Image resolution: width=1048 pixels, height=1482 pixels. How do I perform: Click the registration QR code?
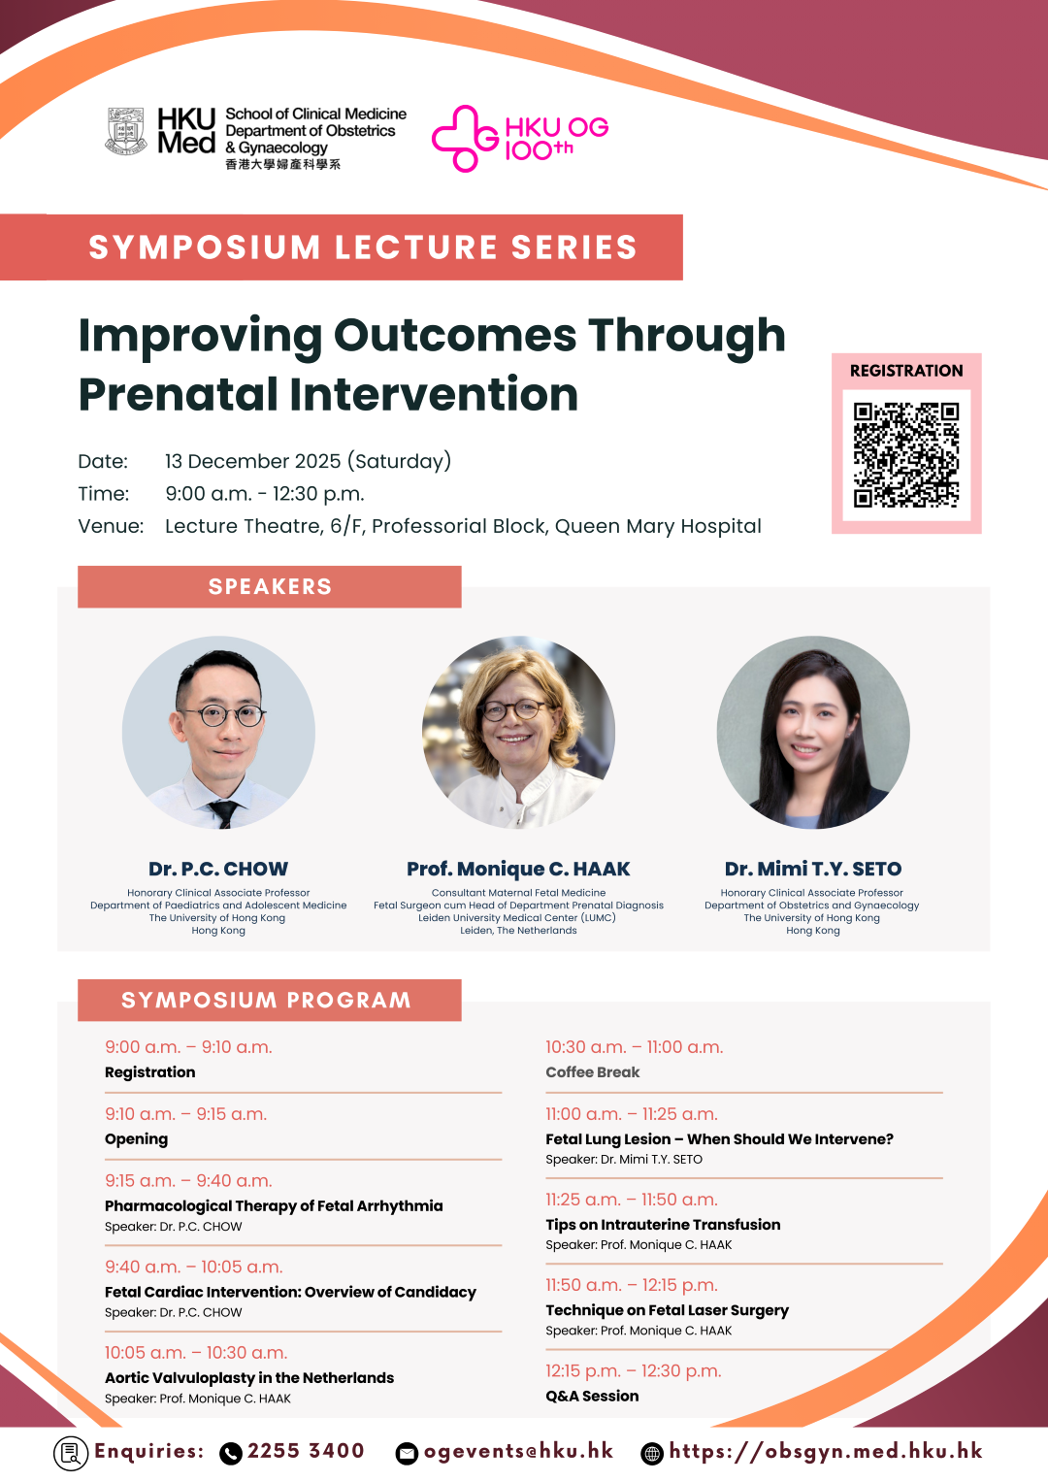coord(906,454)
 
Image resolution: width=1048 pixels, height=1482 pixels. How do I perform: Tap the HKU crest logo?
coord(125,131)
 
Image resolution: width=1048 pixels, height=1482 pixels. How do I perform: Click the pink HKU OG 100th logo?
coord(520,139)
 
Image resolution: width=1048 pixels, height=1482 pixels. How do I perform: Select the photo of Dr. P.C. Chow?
coord(218,732)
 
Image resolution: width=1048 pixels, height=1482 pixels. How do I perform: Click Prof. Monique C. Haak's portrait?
coord(518,732)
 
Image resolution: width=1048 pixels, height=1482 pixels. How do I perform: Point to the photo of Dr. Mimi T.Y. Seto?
coord(813,732)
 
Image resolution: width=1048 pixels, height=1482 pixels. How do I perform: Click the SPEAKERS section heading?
coord(270,587)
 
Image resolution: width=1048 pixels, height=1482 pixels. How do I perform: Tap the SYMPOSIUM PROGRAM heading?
coord(267,1001)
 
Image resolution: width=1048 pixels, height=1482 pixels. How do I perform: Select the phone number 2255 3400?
coord(306,1451)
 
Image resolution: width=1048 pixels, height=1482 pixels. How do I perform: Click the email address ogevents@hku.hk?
coord(518,1451)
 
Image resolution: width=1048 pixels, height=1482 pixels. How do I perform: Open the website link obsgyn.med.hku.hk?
coord(825,1451)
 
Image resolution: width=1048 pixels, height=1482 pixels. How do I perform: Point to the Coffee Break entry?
coord(592,1072)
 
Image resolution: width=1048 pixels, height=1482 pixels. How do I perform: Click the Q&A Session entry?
coord(592,1397)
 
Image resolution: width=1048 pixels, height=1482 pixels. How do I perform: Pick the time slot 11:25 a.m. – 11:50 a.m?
coord(631,1200)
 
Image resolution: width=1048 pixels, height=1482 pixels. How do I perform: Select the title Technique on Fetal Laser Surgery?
coord(667,1310)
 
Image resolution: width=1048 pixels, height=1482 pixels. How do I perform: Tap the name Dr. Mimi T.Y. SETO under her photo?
coord(813,869)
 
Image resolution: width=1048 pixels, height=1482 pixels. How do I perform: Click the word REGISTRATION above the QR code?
coord(906,371)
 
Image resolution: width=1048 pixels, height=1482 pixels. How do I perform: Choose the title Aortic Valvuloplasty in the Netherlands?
coord(249,1378)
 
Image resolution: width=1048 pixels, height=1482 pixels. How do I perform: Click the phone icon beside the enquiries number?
coord(231,1453)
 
